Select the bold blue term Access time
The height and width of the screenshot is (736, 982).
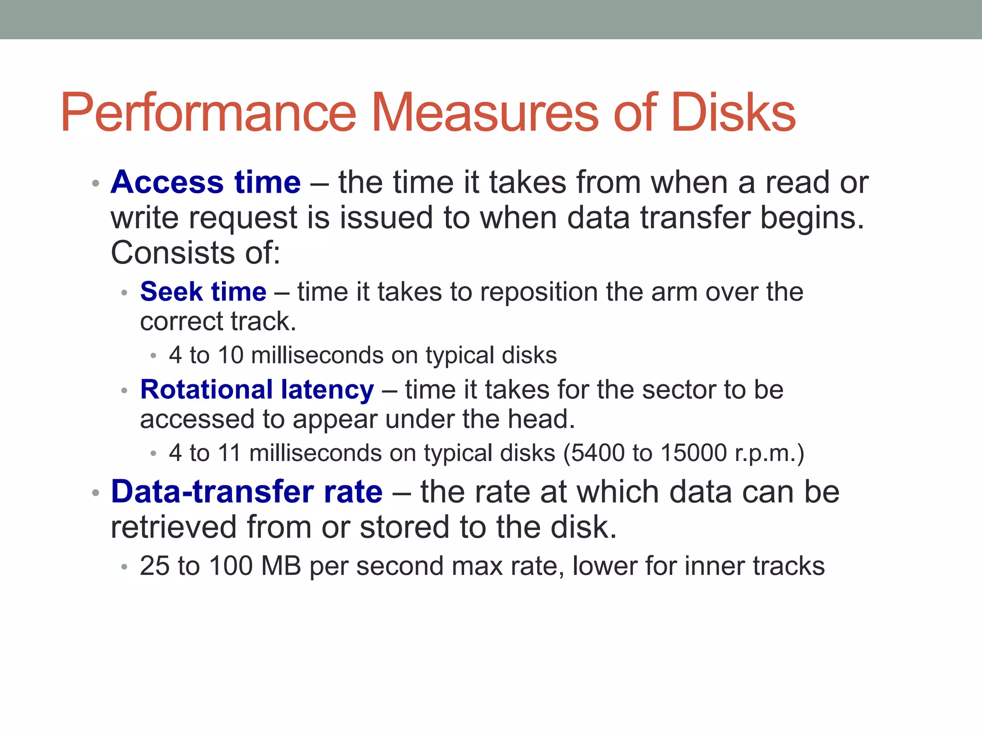click(206, 183)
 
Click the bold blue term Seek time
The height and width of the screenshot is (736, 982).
click(203, 292)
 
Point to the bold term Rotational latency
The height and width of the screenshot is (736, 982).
click(257, 390)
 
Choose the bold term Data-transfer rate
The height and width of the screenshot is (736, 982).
click(247, 492)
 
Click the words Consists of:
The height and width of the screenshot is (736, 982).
click(195, 253)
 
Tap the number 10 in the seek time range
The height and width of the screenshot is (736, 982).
click(231, 356)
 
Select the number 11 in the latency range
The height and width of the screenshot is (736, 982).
click(229, 453)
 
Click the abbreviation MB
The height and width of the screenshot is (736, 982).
click(281, 566)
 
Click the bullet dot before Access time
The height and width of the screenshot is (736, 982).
click(95, 184)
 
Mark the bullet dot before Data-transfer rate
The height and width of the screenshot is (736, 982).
click(95, 493)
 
